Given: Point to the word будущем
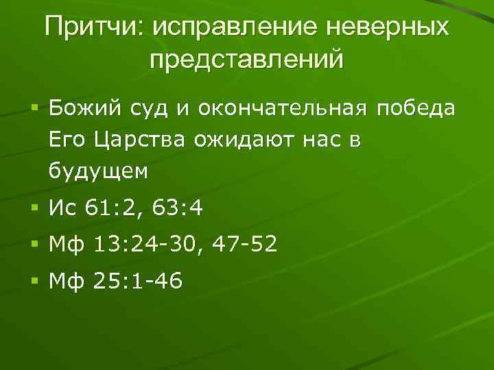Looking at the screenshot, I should tap(98, 171).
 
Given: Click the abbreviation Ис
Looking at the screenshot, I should tap(64, 208).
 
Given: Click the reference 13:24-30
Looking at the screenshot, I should tap(145, 244).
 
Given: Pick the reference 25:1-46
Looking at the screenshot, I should tap(134, 280).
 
